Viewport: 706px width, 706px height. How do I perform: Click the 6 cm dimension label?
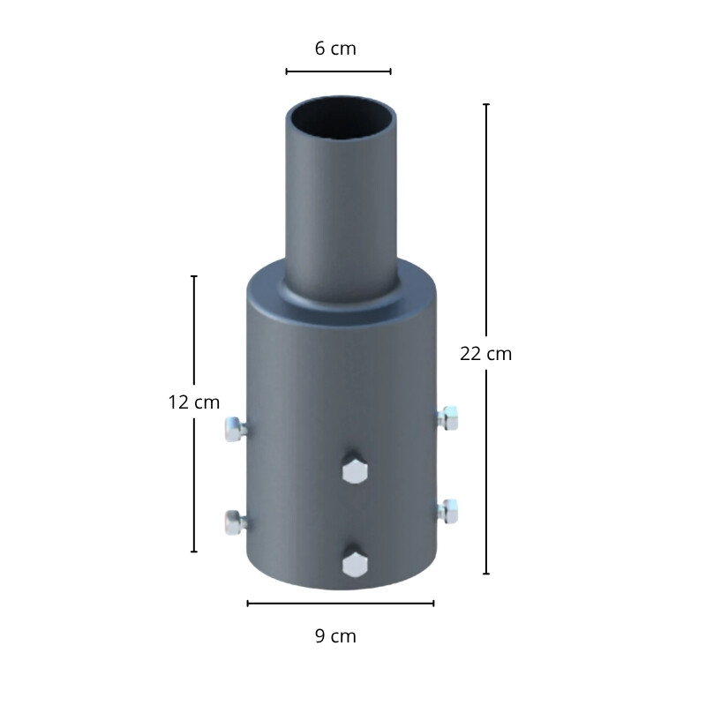[335, 49]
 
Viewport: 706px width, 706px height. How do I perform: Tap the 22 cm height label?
[485, 354]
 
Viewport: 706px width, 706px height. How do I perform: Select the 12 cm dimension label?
[193, 402]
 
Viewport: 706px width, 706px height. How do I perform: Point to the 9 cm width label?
[335, 635]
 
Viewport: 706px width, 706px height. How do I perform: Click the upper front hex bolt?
[354, 471]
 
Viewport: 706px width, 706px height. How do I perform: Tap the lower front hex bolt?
[354, 563]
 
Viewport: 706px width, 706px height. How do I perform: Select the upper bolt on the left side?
[234, 429]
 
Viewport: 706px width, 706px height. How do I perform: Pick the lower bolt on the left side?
[234, 522]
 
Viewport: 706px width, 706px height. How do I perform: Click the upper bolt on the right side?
[448, 417]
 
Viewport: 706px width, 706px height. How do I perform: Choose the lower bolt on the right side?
[448, 510]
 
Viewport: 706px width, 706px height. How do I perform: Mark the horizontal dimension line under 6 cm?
[338, 71]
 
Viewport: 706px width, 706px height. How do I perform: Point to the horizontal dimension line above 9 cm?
[341, 604]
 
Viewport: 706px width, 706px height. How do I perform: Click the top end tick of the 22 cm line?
[485, 104]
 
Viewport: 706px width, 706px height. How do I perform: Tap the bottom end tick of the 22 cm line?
[485, 574]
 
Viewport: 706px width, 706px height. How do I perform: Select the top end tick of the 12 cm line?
[194, 276]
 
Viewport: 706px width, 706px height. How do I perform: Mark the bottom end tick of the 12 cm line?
[194, 552]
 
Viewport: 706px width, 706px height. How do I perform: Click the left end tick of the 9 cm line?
[248, 604]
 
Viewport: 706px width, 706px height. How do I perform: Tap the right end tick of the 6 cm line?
[390, 71]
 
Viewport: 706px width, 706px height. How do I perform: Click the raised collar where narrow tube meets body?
[339, 300]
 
